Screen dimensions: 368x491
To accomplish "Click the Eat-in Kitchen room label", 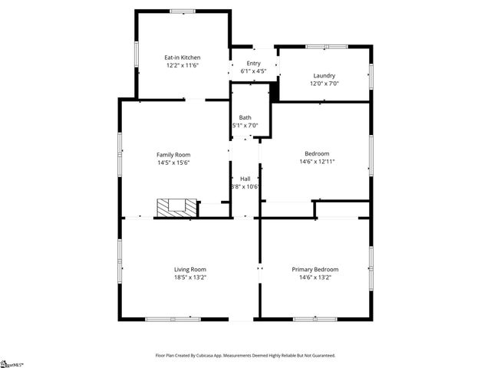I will click(183, 58).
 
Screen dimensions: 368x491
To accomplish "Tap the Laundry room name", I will click(325, 75).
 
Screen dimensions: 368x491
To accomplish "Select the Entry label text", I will click(253, 64).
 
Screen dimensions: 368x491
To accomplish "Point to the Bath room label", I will click(245, 117).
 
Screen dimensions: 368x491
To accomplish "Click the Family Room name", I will click(173, 154).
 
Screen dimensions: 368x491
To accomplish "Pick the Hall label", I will click(245, 179).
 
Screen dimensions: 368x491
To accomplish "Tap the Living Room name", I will click(189, 269).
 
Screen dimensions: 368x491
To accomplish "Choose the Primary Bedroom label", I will click(315, 269).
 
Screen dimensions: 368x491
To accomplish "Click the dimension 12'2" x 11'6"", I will click(183, 66).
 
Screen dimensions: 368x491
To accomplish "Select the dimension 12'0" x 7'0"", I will click(325, 84).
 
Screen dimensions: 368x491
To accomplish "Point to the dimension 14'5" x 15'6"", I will click(173, 163).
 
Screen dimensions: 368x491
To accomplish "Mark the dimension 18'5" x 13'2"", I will click(189, 278).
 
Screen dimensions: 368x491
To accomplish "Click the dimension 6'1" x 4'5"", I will click(253, 72).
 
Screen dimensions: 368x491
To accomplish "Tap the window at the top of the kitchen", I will click(183, 11).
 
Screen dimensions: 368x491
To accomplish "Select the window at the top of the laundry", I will click(317, 47).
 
